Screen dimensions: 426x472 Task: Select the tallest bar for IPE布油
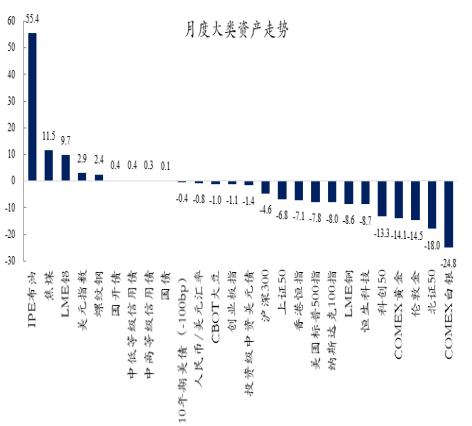point(32,106)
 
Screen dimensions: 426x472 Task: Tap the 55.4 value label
point(32,18)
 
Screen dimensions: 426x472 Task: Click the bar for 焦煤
point(49,165)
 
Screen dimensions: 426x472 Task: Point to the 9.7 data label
point(66,139)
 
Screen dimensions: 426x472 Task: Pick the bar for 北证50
point(431,204)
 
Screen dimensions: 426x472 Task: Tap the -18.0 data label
point(432,243)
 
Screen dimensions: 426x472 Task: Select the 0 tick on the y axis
point(12,181)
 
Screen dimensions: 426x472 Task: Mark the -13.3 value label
point(381,232)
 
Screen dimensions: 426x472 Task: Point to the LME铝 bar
point(66,167)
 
